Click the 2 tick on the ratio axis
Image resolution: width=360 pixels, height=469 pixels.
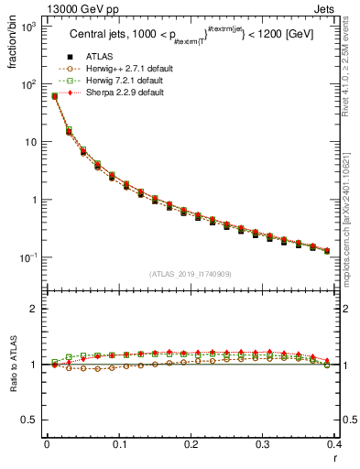point(35,309)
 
